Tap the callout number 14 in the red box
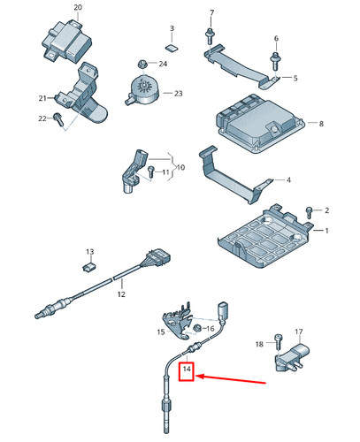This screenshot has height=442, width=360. pyautogui.click(x=187, y=370)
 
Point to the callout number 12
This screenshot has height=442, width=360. pyautogui.click(x=121, y=295)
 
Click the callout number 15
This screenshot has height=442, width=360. pyautogui.click(x=160, y=332)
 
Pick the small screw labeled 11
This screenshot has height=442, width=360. pyautogui.click(x=151, y=171)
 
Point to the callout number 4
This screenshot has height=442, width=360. pyautogui.click(x=287, y=180)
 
